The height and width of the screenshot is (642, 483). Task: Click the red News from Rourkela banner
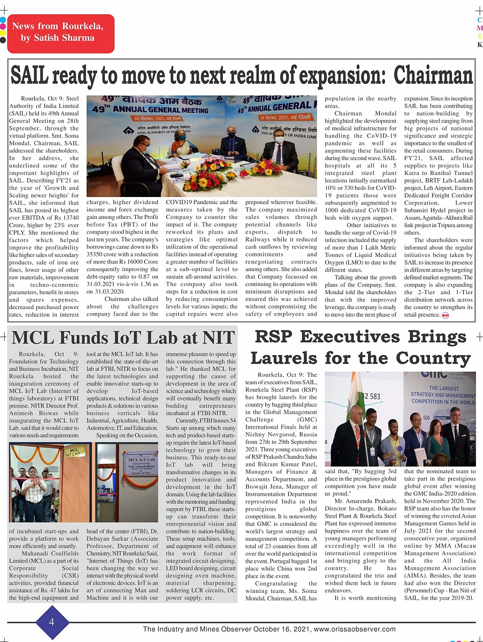click(60, 34)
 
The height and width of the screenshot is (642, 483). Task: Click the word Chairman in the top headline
click(433, 76)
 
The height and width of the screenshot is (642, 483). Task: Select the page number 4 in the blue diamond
click(52, 622)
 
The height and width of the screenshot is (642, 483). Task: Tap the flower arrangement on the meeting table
click(214, 174)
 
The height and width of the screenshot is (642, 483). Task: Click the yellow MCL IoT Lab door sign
click(75, 451)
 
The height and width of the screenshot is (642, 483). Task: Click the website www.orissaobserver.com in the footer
click(355, 629)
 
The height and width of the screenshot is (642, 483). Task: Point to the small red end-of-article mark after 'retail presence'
click(445, 315)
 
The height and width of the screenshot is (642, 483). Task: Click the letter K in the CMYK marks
click(479, 45)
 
